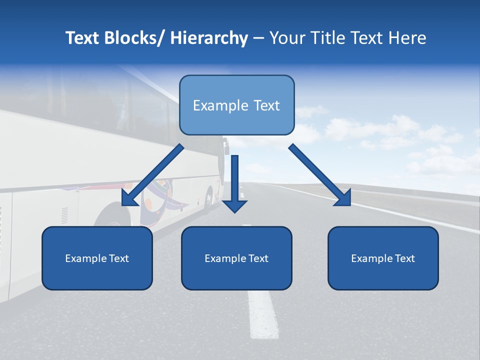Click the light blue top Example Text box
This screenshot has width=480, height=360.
(x=236, y=105)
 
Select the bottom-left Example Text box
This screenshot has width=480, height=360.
(x=97, y=258)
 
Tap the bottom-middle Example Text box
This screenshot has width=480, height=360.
(x=236, y=258)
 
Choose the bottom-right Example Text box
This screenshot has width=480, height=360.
(x=383, y=258)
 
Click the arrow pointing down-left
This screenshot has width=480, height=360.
(x=152, y=175)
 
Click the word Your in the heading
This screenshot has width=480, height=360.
(x=287, y=38)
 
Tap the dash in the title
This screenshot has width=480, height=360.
(x=258, y=38)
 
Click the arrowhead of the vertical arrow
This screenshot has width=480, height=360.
(x=234, y=205)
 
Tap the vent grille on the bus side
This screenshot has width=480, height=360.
(x=64, y=215)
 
